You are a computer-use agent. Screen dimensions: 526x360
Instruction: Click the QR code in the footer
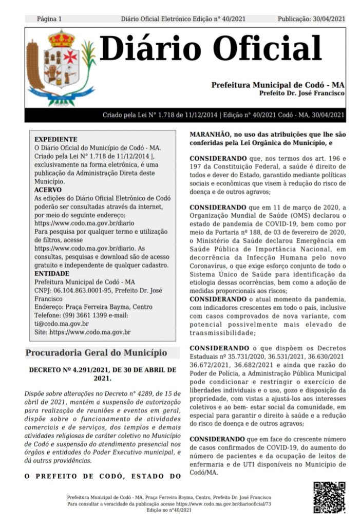point(329,497)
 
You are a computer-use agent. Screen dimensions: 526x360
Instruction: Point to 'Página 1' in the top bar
point(49,19)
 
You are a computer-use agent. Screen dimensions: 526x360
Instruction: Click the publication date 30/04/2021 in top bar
point(328,19)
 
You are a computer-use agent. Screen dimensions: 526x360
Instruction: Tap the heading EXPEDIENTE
point(55,139)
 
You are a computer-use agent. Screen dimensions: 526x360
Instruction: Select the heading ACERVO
point(48,190)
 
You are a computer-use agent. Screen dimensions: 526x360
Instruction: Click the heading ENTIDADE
point(52,273)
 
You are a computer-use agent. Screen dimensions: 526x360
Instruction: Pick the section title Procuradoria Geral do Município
point(97,353)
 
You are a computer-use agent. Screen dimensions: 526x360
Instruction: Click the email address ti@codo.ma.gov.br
point(61,324)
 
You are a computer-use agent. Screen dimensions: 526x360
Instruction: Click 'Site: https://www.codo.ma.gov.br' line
point(82,332)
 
